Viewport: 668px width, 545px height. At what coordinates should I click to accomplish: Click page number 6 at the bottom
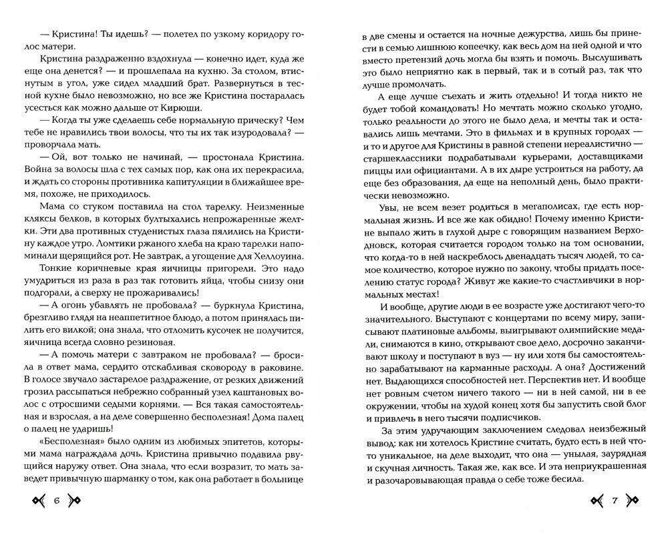click(x=56, y=502)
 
